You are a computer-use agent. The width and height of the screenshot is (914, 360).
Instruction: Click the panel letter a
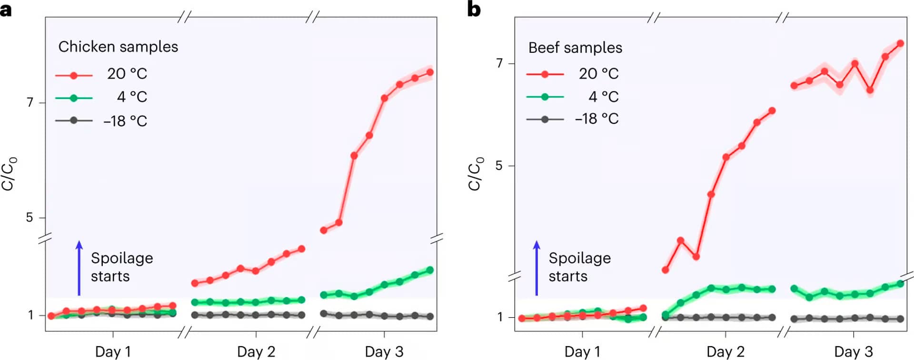click(x=6, y=9)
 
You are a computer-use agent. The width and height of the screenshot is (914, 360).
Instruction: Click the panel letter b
click(x=474, y=9)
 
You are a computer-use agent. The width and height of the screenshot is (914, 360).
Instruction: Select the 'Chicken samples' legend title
click(x=118, y=47)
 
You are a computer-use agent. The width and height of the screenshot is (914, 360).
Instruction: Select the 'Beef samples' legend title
click(x=575, y=48)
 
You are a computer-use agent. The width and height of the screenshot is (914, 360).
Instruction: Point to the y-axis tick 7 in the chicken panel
click(x=30, y=102)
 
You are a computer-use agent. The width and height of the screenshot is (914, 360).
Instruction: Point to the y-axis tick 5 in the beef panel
click(x=499, y=166)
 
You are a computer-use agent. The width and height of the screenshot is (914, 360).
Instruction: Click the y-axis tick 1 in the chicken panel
click(x=30, y=315)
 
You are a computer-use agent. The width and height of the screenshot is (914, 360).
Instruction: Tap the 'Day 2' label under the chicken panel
click(x=256, y=351)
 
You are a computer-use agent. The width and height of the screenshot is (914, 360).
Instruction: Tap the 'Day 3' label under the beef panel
click(x=854, y=351)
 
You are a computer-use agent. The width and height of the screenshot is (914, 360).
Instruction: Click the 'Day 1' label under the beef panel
click(x=582, y=351)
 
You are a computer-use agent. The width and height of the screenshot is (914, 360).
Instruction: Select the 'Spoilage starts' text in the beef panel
click(x=579, y=267)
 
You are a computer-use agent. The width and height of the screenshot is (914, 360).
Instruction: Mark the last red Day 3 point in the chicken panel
click(x=430, y=72)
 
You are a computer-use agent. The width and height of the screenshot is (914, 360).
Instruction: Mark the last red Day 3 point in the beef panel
click(x=900, y=44)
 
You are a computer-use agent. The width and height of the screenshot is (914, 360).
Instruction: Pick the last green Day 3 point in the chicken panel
click(x=430, y=270)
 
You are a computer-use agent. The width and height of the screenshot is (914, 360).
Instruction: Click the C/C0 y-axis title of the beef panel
click(x=476, y=174)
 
